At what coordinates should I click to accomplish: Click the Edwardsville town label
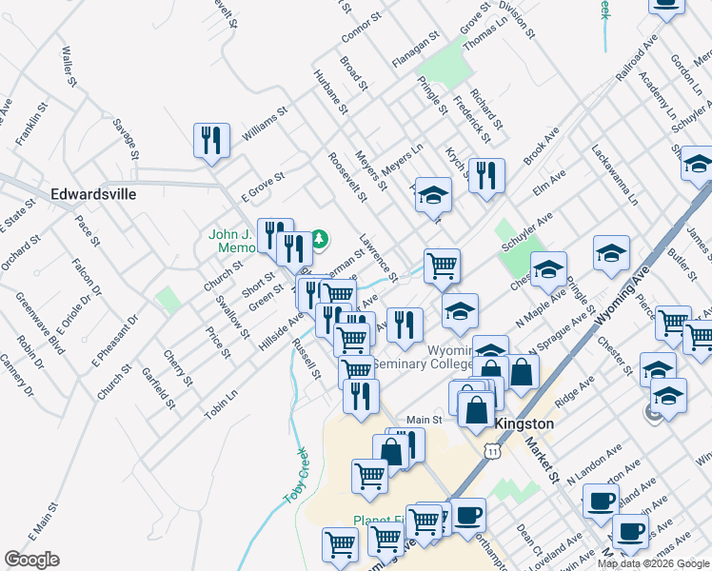tap(93, 194)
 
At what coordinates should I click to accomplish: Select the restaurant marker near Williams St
tap(211, 141)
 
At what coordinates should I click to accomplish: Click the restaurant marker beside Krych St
tap(486, 175)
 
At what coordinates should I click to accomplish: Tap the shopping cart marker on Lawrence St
tap(441, 266)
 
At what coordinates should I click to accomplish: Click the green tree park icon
tap(321, 237)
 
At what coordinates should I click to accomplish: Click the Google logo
tap(31, 560)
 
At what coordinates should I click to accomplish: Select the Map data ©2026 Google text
tap(652, 563)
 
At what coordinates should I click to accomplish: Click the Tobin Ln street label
tap(221, 405)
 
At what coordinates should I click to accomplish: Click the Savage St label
tap(127, 139)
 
